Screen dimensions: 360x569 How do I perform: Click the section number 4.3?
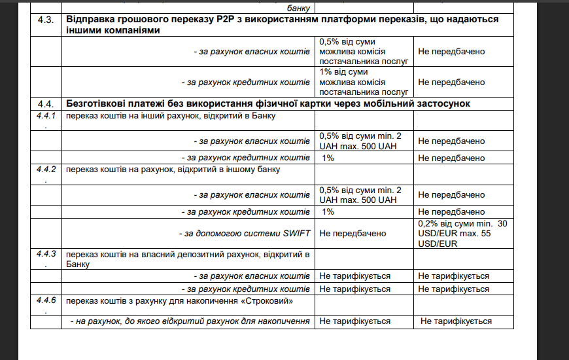pos(44,20)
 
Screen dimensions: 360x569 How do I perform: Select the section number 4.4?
pos(44,104)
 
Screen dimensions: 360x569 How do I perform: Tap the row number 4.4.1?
pos(45,116)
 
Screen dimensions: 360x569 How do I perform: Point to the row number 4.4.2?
pos(45,169)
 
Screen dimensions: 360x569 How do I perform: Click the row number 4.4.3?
pos(45,253)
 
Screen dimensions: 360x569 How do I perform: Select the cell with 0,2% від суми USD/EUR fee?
pos(462,233)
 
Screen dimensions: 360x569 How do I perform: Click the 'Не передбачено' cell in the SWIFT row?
pos(353,233)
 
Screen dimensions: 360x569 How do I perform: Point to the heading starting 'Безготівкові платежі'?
pos(268,104)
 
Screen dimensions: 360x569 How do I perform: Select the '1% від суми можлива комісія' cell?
pos(364,82)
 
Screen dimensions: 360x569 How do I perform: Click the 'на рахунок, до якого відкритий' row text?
pos(189,321)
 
